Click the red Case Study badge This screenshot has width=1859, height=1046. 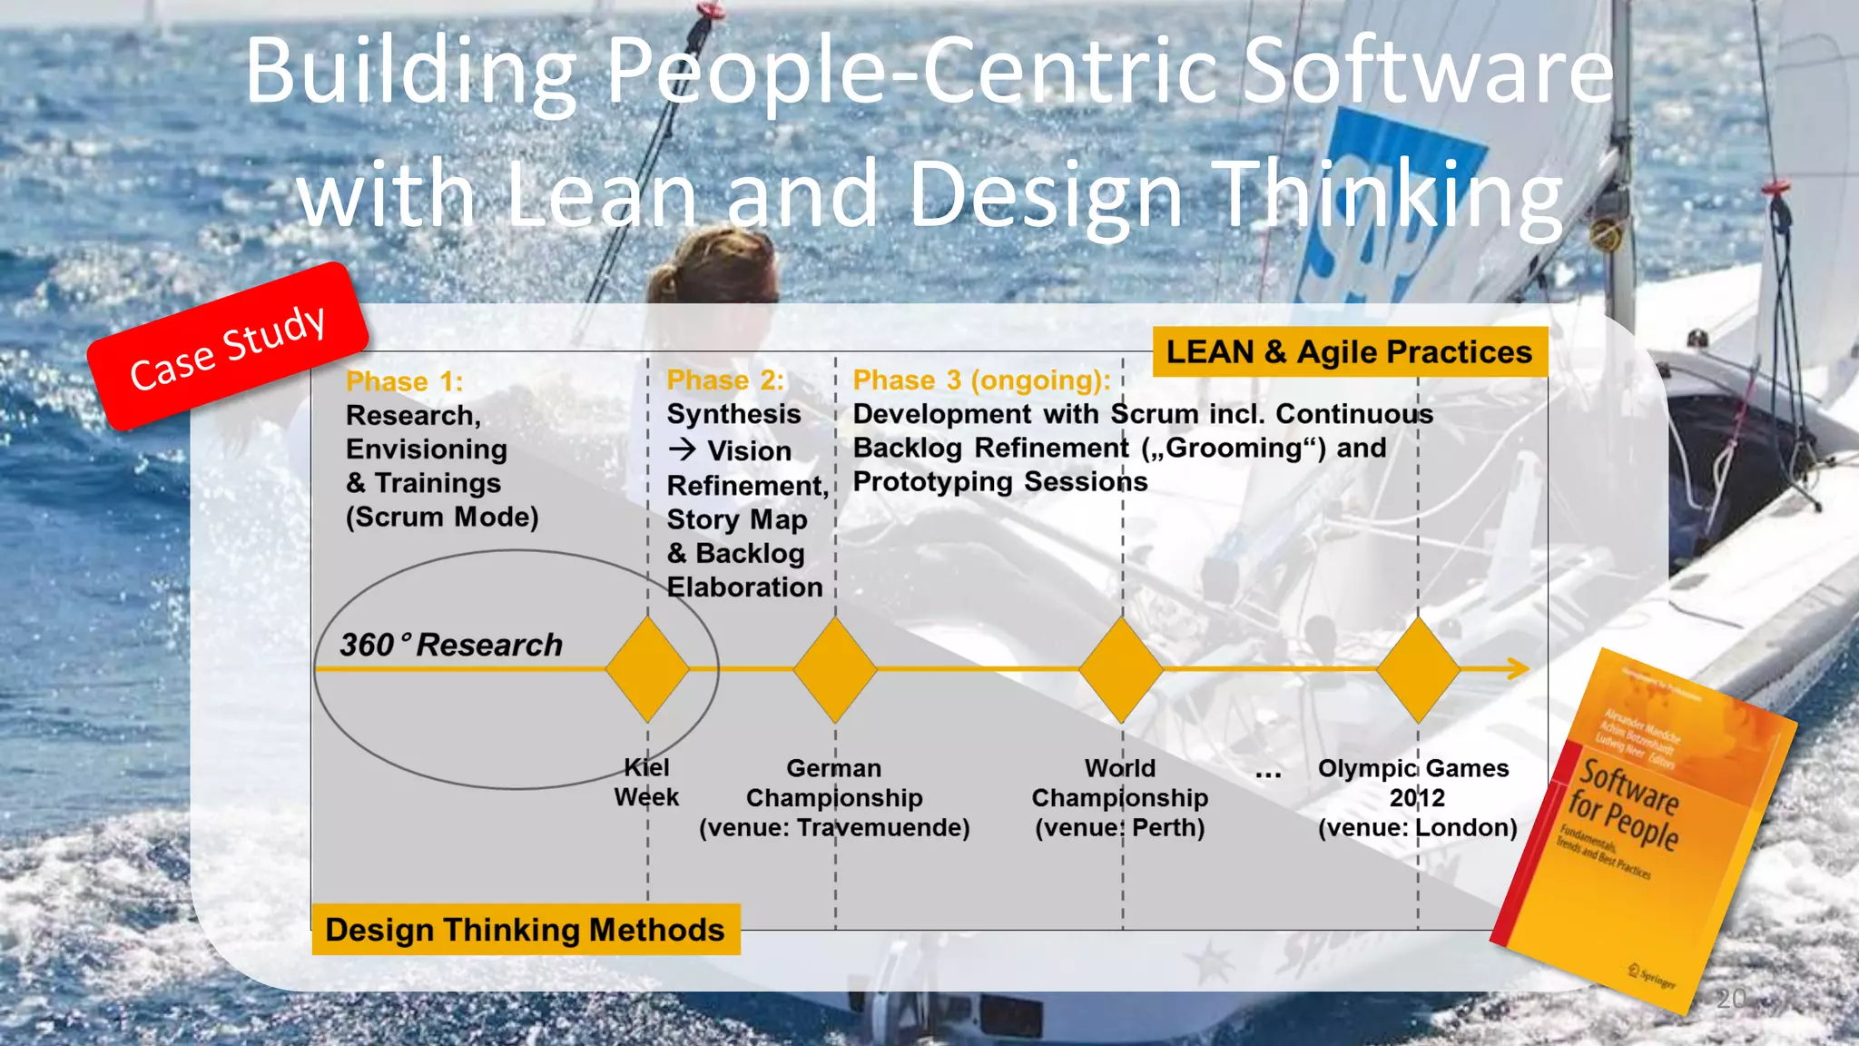228,346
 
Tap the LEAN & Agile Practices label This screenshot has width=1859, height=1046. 1349,351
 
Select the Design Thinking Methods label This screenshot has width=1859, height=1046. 526,929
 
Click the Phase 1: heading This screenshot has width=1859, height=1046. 404,381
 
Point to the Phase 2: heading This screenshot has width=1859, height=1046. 725,380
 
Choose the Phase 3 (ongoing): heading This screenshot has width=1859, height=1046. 981,380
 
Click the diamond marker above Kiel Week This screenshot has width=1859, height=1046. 647,669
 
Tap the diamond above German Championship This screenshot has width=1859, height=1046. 835,669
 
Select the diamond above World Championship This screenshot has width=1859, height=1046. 1121,669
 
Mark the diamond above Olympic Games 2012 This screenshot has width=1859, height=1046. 1418,669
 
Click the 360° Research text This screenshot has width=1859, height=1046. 451,645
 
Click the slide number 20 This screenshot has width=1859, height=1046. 1731,998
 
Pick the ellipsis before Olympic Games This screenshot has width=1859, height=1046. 1268,774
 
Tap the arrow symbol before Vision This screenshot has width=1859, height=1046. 683,449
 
